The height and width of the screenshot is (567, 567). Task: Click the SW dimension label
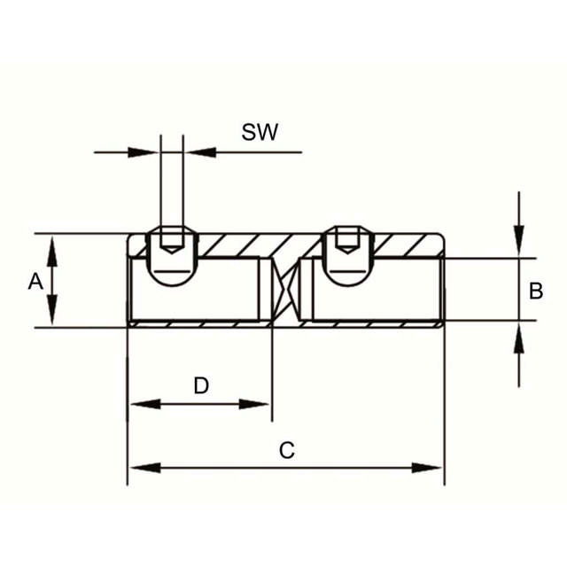click(260, 132)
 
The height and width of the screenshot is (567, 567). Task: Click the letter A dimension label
click(35, 282)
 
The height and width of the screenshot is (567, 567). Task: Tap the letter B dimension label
click(535, 291)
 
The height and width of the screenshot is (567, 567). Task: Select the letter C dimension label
click(287, 451)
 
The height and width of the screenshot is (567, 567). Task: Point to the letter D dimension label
click(201, 385)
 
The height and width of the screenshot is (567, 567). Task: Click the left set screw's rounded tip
click(172, 278)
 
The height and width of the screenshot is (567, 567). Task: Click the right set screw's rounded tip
click(347, 278)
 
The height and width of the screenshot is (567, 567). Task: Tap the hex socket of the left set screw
click(172, 240)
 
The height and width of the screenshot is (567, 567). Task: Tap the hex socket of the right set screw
click(347, 240)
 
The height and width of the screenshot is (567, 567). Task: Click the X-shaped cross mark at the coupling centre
click(286, 290)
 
